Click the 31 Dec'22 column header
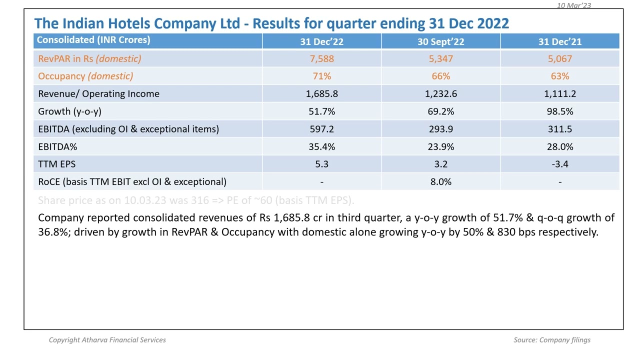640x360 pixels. [x=321, y=41]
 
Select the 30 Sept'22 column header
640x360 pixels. [x=440, y=41]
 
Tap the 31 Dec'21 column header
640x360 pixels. [x=559, y=41]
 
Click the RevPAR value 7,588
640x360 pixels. [x=321, y=58]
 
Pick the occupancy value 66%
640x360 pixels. [x=440, y=76]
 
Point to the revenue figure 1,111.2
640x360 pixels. [x=559, y=93]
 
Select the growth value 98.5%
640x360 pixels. [x=559, y=111]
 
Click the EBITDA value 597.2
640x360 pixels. [x=321, y=129]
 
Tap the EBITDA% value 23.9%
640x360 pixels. [x=440, y=146]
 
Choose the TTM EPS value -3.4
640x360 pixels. [x=559, y=164]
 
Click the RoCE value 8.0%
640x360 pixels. [x=440, y=181]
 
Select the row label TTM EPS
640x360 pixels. [x=56, y=164]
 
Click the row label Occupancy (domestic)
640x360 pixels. [x=85, y=76]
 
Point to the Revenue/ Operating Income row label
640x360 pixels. [x=98, y=93]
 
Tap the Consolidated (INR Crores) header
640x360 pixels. [x=93, y=40]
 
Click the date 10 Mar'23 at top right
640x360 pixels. [x=573, y=5]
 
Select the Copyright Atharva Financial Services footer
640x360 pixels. [x=107, y=340]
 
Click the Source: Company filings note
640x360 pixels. [x=551, y=340]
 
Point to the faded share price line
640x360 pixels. [x=196, y=200]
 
